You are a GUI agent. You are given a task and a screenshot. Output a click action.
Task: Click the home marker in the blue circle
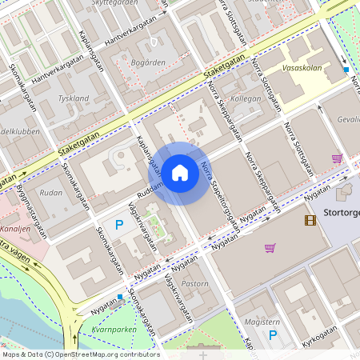(180, 172)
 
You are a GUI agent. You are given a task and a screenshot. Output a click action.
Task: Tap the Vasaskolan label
(302, 68)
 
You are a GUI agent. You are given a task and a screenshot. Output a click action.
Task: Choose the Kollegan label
(246, 99)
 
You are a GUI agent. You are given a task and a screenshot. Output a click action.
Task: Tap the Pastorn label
(195, 284)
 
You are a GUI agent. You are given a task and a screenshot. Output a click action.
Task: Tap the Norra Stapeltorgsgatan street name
(220, 196)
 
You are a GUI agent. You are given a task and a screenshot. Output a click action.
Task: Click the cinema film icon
(310, 220)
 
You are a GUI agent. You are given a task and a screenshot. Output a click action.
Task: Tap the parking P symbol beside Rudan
(119, 225)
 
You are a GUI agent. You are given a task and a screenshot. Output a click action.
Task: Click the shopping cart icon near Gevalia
(337, 158)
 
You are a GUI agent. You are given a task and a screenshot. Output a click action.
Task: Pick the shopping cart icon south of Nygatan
(270, 248)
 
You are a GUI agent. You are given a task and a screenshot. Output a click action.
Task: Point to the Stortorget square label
(342, 213)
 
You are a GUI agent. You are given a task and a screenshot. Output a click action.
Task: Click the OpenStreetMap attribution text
(80, 354)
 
